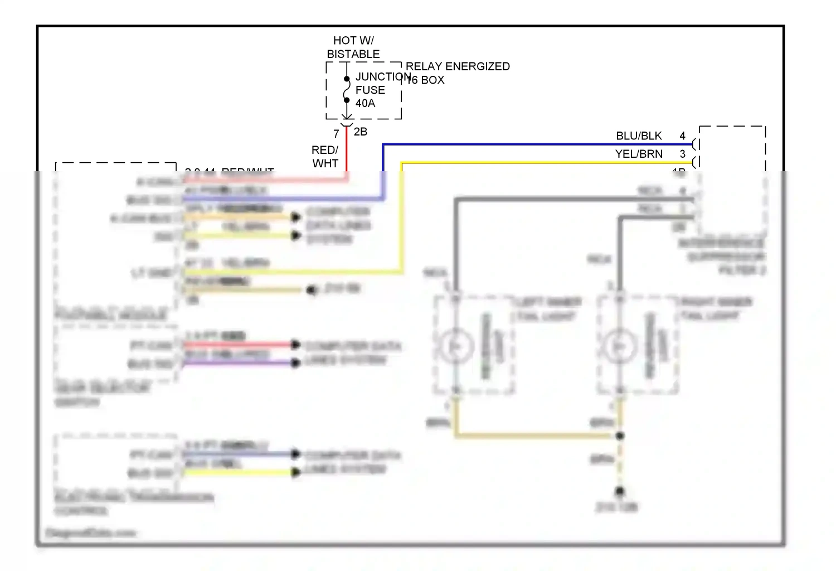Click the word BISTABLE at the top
pyautogui.click(x=353, y=54)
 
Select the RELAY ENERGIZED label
pyautogui.click(x=458, y=66)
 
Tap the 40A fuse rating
pyautogui.click(x=365, y=103)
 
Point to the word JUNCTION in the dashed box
pyautogui.click(x=383, y=77)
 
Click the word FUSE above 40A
pyautogui.click(x=370, y=90)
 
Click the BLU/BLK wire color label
pyautogui.click(x=639, y=136)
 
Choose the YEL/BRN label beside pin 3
pyautogui.click(x=639, y=154)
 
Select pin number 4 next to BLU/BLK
pyautogui.click(x=682, y=136)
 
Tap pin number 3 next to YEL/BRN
pyautogui.click(x=682, y=154)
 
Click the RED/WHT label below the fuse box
pyautogui.click(x=325, y=157)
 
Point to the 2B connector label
pyautogui.click(x=361, y=132)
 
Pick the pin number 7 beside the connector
pyautogui.click(x=336, y=134)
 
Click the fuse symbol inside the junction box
pyautogui.click(x=347, y=90)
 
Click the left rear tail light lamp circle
pyautogui.click(x=455, y=346)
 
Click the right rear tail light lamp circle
pyautogui.click(x=619, y=346)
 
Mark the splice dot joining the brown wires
pyautogui.click(x=620, y=435)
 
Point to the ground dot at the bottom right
pyautogui.click(x=619, y=491)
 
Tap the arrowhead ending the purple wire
pyautogui.click(x=295, y=364)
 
